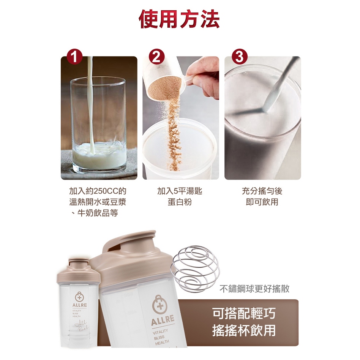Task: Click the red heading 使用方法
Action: pyautogui.click(x=179, y=19)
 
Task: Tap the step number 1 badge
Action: pyautogui.click(x=74, y=57)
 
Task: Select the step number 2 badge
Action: pyautogui.click(x=156, y=57)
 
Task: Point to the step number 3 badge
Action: pyautogui.click(x=239, y=57)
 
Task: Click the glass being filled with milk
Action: pyautogui.click(x=98, y=125)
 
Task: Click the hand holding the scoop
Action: pyautogui.click(x=203, y=78)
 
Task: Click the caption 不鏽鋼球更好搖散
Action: pyautogui.click(x=254, y=288)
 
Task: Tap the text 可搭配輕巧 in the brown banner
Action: pyautogui.click(x=244, y=313)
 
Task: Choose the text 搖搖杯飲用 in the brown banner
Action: pyautogui.click(x=244, y=330)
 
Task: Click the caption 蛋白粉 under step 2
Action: pyautogui.click(x=180, y=202)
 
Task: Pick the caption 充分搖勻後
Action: pyautogui.click(x=262, y=191)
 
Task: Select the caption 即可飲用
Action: pyautogui.click(x=262, y=202)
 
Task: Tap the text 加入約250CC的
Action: pyautogui.click(x=98, y=191)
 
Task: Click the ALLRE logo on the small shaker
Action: pyautogui.click(x=79, y=300)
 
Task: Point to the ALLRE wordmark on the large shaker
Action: pyautogui.click(x=163, y=320)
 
